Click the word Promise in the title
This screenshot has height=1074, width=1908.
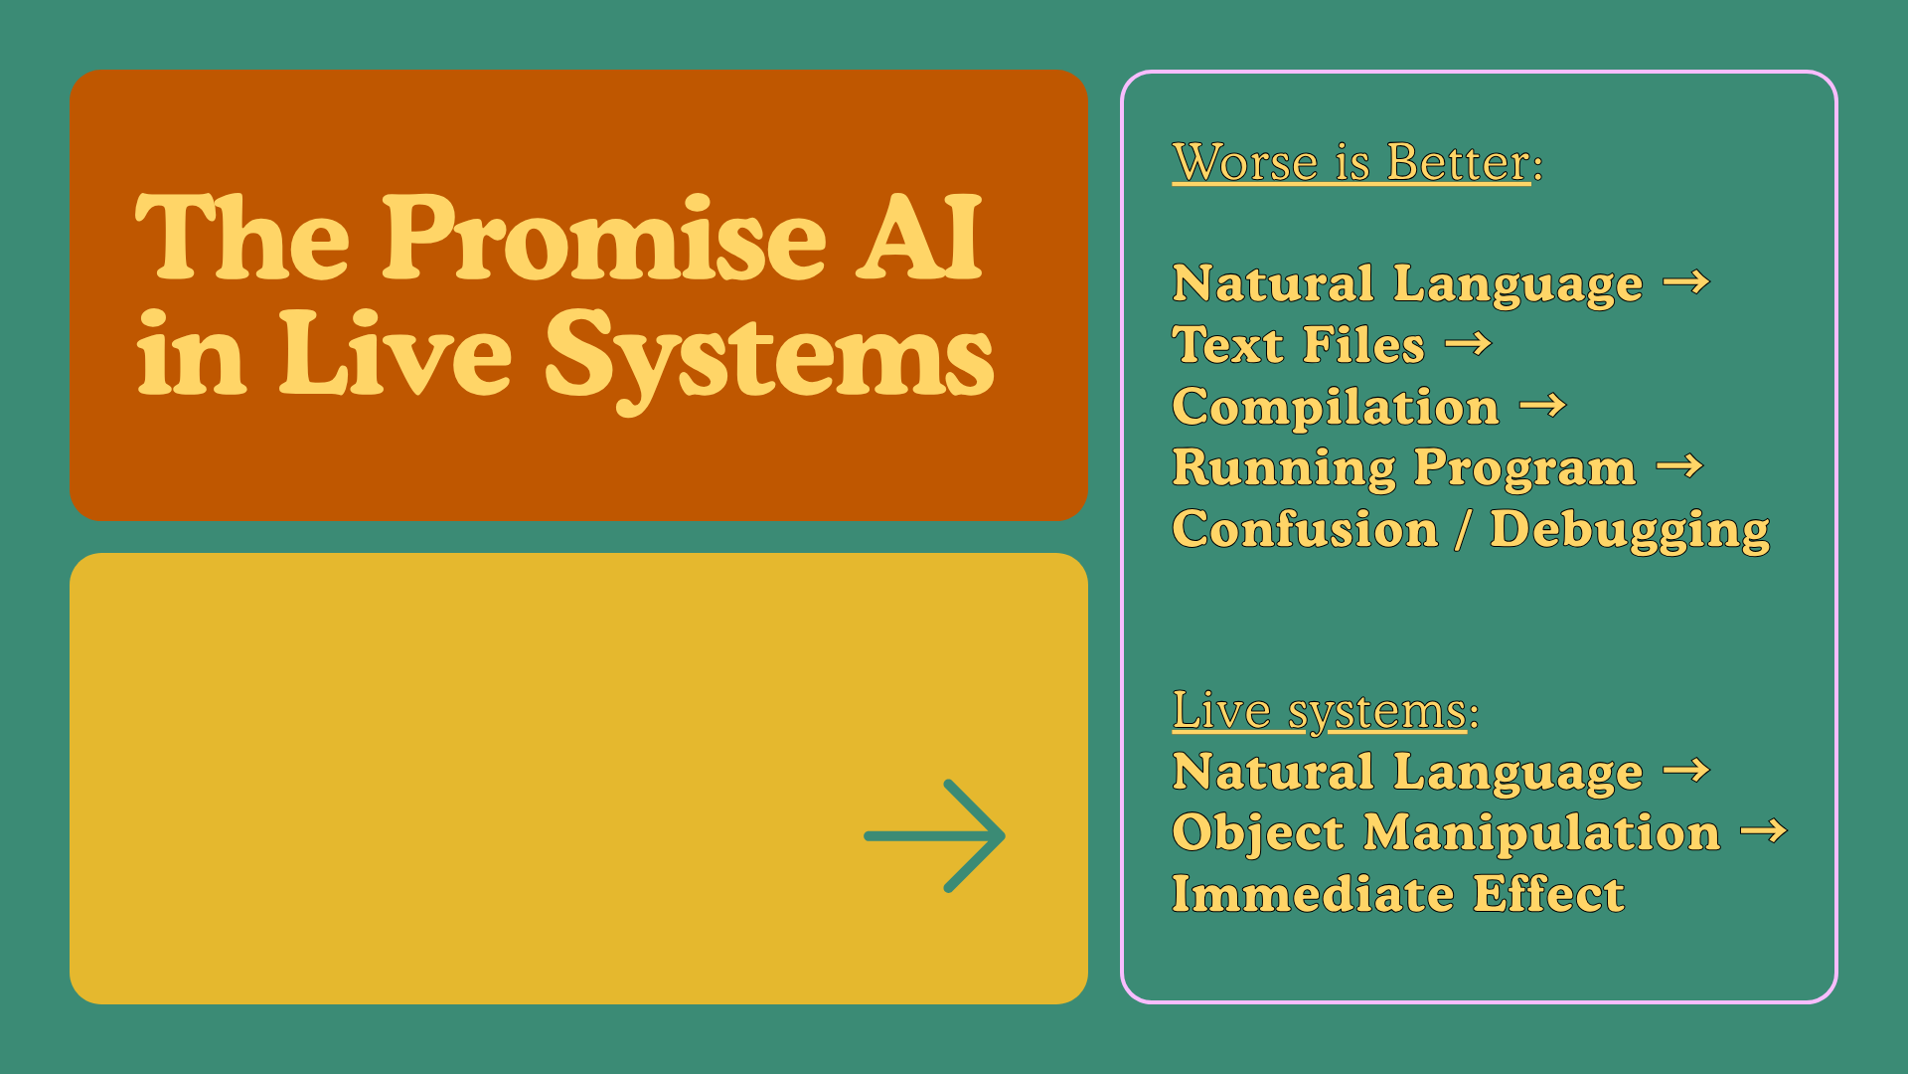click(604, 239)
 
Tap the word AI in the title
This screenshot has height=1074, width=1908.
click(919, 239)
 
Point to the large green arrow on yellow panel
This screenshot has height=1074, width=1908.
click(935, 836)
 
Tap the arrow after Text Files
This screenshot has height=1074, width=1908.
click(1468, 345)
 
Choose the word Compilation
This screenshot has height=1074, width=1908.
click(1336, 407)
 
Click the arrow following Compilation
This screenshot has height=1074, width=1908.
click(1542, 406)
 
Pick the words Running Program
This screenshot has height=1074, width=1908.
click(1403, 467)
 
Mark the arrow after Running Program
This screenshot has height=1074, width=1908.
click(1679, 466)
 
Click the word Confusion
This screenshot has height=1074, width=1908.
click(1305, 529)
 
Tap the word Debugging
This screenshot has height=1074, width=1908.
click(1630, 529)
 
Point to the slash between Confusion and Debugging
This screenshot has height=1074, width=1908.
click(1463, 529)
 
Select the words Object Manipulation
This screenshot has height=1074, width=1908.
click(1446, 832)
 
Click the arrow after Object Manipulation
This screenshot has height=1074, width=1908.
click(1764, 831)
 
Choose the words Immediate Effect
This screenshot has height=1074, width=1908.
click(1398, 894)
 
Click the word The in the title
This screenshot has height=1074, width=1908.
click(242, 239)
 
